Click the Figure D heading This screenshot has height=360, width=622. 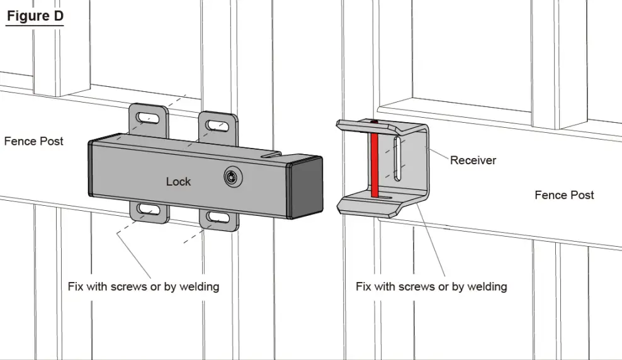(35, 16)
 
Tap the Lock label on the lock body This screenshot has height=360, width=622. (178, 181)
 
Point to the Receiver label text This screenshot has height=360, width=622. (473, 160)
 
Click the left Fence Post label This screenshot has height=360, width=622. (34, 141)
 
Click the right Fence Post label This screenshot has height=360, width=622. (564, 195)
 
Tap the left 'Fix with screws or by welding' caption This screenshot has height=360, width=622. (144, 286)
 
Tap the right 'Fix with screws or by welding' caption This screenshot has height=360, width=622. (431, 286)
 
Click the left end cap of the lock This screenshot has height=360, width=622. (92, 169)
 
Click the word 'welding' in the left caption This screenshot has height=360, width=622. (198, 286)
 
